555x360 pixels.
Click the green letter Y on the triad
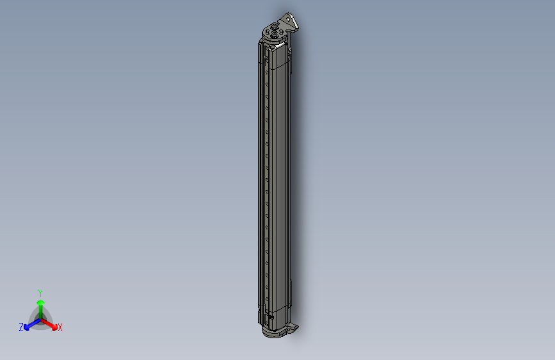pos(40,291)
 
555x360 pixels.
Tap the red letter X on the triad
pos(60,328)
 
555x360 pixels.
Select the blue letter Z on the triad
pos(21,327)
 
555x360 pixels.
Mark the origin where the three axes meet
pos(41,318)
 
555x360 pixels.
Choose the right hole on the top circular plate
pos(282,33)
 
